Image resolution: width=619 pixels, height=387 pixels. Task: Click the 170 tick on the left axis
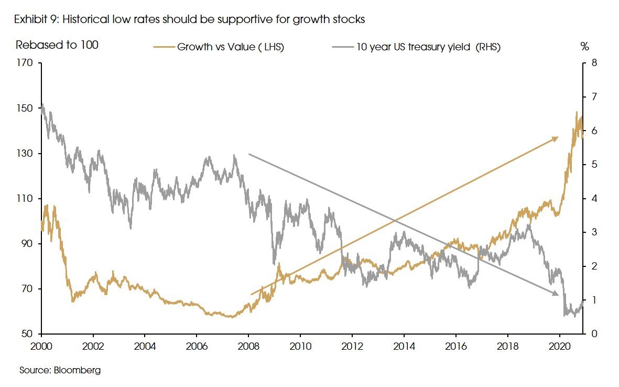click(x=25, y=63)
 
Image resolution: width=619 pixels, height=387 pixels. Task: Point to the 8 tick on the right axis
click(x=594, y=63)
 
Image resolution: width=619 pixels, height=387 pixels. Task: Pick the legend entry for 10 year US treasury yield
click(x=416, y=47)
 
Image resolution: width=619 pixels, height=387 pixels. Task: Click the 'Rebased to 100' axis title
click(x=57, y=45)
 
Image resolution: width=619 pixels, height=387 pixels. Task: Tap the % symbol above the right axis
click(x=585, y=46)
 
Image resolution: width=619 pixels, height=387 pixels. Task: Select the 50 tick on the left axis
click(x=27, y=334)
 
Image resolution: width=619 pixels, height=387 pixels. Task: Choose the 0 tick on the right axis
click(x=594, y=334)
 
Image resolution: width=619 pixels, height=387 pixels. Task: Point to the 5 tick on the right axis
click(x=594, y=165)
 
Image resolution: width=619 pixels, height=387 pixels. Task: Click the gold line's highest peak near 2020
click(x=577, y=112)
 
